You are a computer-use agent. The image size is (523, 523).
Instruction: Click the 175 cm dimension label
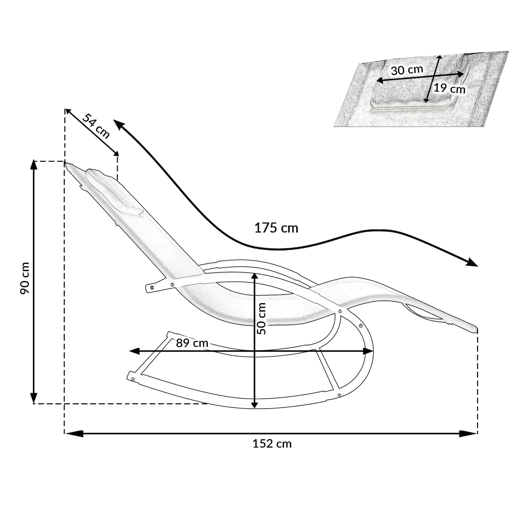(x=276, y=228)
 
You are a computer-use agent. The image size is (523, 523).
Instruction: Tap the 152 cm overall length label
(x=272, y=444)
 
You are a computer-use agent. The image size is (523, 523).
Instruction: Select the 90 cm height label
(x=25, y=278)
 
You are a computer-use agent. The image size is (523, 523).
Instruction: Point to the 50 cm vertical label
(x=261, y=319)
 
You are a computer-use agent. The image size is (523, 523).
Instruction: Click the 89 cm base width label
(x=192, y=343)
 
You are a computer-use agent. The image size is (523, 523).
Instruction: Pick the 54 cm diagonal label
(x=96, y=126)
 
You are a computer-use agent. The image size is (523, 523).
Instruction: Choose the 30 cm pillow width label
(x=407, y=70)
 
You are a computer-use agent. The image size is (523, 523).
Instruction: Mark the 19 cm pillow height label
(x=450, y=88)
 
